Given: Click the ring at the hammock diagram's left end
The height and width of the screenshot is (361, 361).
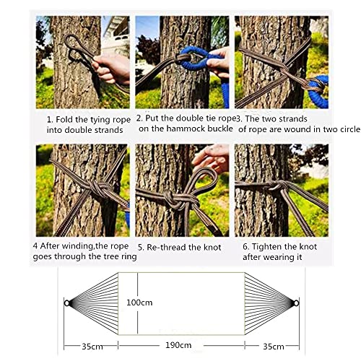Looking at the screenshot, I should pos(67,302).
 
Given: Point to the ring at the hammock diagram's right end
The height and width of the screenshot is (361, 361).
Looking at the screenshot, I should pos(295,302).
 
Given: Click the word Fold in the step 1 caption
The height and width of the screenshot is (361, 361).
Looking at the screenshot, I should pos(65,118).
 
